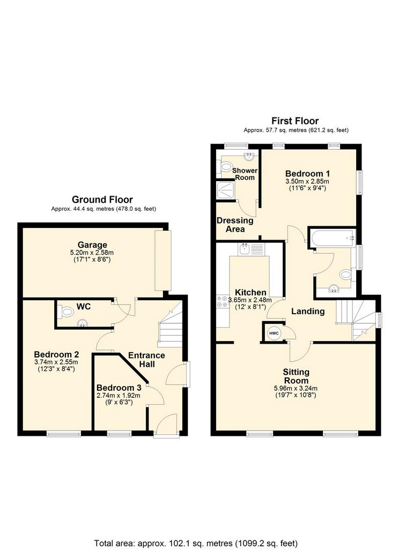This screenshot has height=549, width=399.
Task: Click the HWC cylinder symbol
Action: tap(274, 333)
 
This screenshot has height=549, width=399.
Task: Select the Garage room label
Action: tap(92, 244)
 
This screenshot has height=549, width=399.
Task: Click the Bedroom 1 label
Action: tap(307, 173)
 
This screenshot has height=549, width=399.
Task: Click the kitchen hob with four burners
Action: tap(222, 302)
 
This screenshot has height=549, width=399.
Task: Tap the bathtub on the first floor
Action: tap(333, 238)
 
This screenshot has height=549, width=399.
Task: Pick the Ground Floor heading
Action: tap(102, 199)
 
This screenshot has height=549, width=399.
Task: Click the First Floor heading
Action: tap(295, 121)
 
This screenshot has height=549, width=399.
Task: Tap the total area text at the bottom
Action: tap(196, 543)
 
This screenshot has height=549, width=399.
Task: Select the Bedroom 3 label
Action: tap(119, 388)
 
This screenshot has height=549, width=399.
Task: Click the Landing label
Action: tap(308, 311)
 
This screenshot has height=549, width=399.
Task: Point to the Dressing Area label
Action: tap(235, 225)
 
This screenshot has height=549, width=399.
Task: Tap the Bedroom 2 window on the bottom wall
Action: tap(64, 434)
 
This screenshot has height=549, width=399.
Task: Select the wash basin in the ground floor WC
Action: tap(83, 322)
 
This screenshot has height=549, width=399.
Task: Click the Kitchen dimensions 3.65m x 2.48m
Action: tap(250, 300)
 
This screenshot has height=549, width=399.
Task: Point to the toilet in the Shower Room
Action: tap(226, 167)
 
